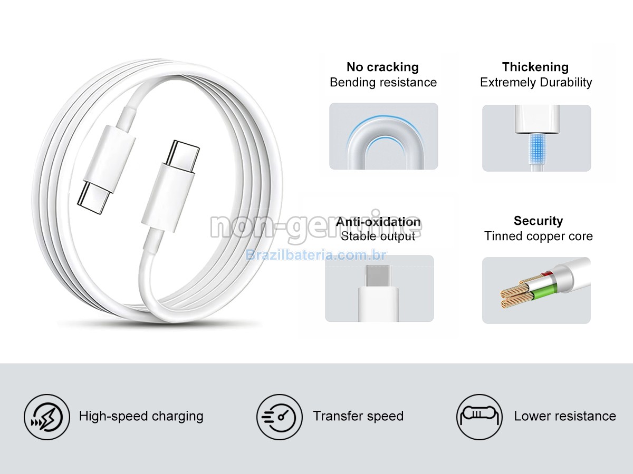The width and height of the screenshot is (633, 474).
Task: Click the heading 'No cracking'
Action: coord(382,67)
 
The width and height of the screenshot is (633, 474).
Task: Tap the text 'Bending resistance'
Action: coord(383,83)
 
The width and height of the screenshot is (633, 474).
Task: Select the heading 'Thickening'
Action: coord(535,67)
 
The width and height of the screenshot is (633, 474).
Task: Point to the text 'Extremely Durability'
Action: coord(536,83)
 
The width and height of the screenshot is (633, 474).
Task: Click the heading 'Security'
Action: coord(538,221)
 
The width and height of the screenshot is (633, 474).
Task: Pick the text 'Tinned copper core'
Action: coord(538,236)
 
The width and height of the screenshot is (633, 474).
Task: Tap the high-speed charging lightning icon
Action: coord(46,417)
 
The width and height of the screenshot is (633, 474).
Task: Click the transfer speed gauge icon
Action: coord(280,417)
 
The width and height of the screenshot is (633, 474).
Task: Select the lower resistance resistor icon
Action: coord(479,417)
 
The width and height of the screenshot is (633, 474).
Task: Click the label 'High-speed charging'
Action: coord(141,416)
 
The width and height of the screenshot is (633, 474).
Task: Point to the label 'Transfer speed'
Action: coord(358,416)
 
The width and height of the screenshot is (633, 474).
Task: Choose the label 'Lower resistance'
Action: coord(565,416)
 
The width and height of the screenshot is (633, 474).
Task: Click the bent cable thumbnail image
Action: coord(383,136)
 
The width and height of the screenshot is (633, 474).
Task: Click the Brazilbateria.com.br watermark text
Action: coord(316,255)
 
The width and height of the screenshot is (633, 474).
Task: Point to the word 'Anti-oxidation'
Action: coord(378,222)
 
